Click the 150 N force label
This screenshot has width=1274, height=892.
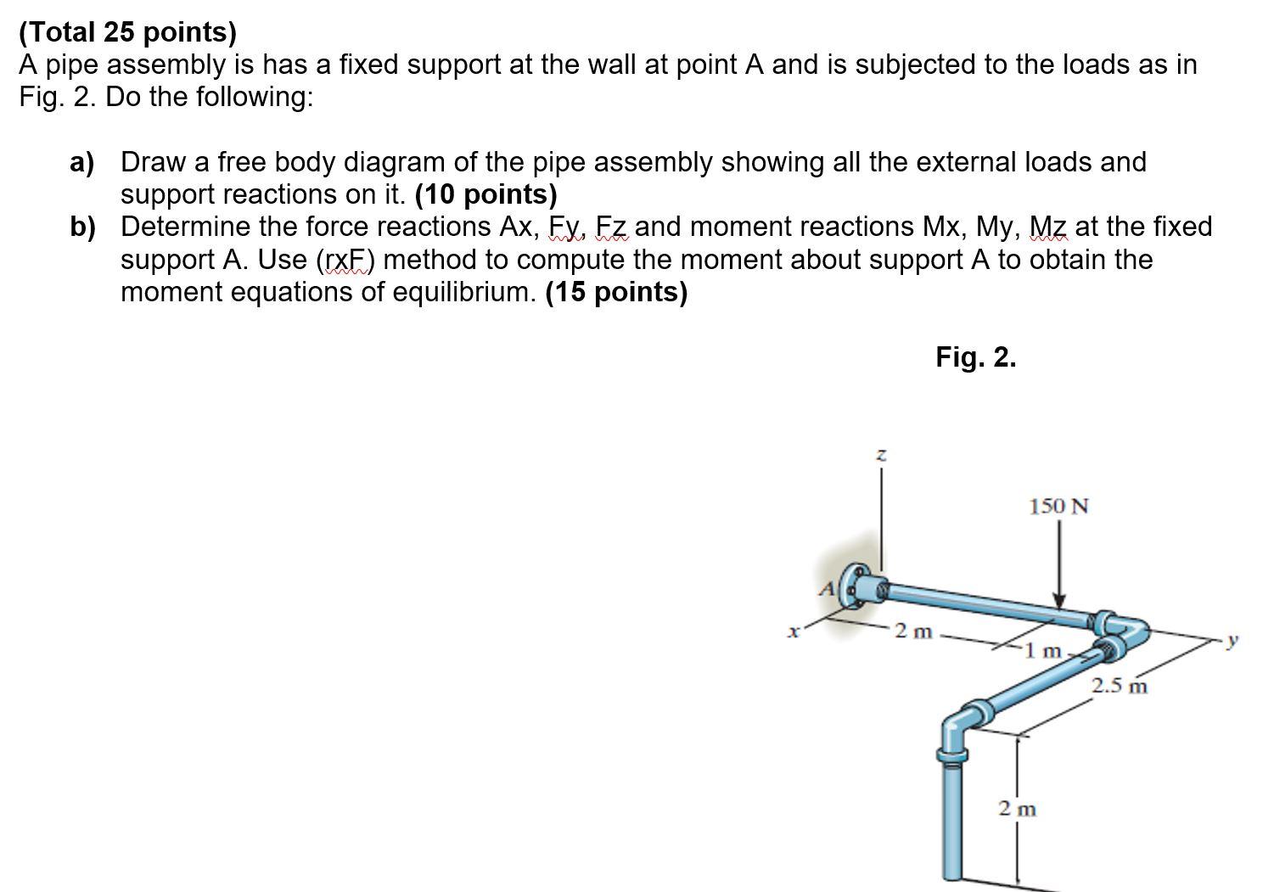pos(1058,507)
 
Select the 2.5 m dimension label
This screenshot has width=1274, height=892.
pos(1119,685)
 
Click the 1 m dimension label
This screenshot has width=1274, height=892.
pos(1042,652)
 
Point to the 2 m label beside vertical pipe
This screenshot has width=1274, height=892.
pos(1017,809)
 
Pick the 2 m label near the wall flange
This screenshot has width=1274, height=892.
pos(913,631)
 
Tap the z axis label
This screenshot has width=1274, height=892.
pos(881,457)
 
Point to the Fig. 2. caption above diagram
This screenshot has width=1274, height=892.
pos(975,357)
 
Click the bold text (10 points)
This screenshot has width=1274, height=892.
pos(485,194)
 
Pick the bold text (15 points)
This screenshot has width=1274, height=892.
pos(616,292)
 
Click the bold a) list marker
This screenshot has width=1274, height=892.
pos(82,161)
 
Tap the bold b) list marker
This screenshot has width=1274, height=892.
pos(82,227)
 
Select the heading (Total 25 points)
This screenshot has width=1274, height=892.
pos(128,32)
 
